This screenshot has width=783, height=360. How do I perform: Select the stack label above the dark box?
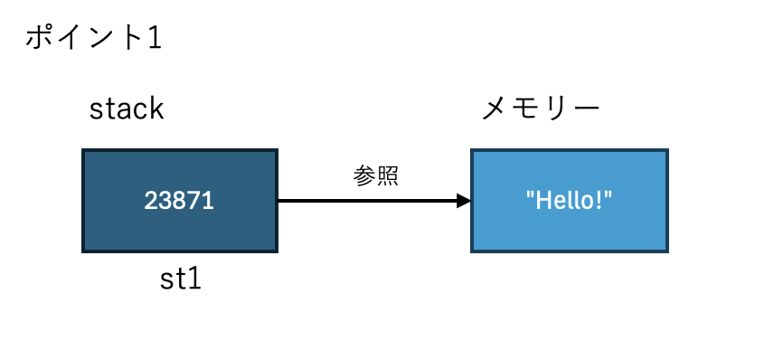click(127, 109)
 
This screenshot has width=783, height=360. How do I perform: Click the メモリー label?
click(541, 109)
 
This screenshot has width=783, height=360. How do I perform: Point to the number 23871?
click(179, 201)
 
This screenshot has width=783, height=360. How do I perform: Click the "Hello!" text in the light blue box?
click(570, 201)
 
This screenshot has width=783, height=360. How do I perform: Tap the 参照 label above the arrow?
click(375, 175)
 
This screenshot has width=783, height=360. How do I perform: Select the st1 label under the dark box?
click(180, 279)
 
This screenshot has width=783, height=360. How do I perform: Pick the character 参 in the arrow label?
click(363, 175)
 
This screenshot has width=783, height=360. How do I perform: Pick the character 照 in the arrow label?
click(387, 175)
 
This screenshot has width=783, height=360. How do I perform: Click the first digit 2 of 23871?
click(151, 201)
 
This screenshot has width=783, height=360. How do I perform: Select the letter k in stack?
click(156, 109)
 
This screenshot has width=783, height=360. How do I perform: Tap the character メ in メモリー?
click(494, 110)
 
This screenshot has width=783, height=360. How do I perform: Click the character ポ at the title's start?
click(38, 39)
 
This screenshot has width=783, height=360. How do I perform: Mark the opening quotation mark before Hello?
click(531, 195)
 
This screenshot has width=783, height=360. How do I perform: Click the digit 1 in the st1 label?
click(193, 279)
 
